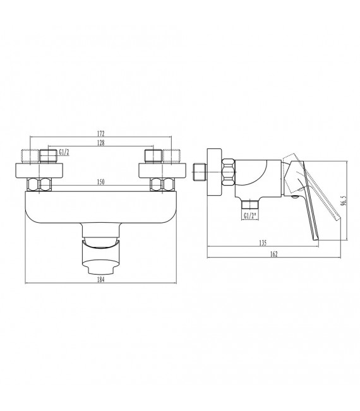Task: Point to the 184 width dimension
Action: (100, 280)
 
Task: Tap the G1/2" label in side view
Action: (251, 216)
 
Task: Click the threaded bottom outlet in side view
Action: (251, 205)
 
